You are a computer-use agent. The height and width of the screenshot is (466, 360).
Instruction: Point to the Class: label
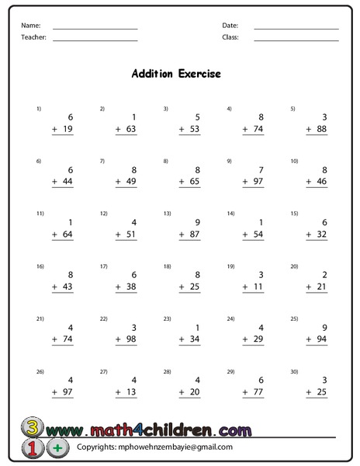pos(230,37)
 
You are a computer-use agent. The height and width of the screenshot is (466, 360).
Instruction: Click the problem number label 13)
pos(166,213)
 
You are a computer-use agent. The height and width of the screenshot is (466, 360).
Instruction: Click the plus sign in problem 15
pos(308,235)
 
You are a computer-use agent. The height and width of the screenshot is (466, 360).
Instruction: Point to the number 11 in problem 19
pos(259,287)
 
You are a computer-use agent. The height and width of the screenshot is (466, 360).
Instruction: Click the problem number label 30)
pos(294,371)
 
